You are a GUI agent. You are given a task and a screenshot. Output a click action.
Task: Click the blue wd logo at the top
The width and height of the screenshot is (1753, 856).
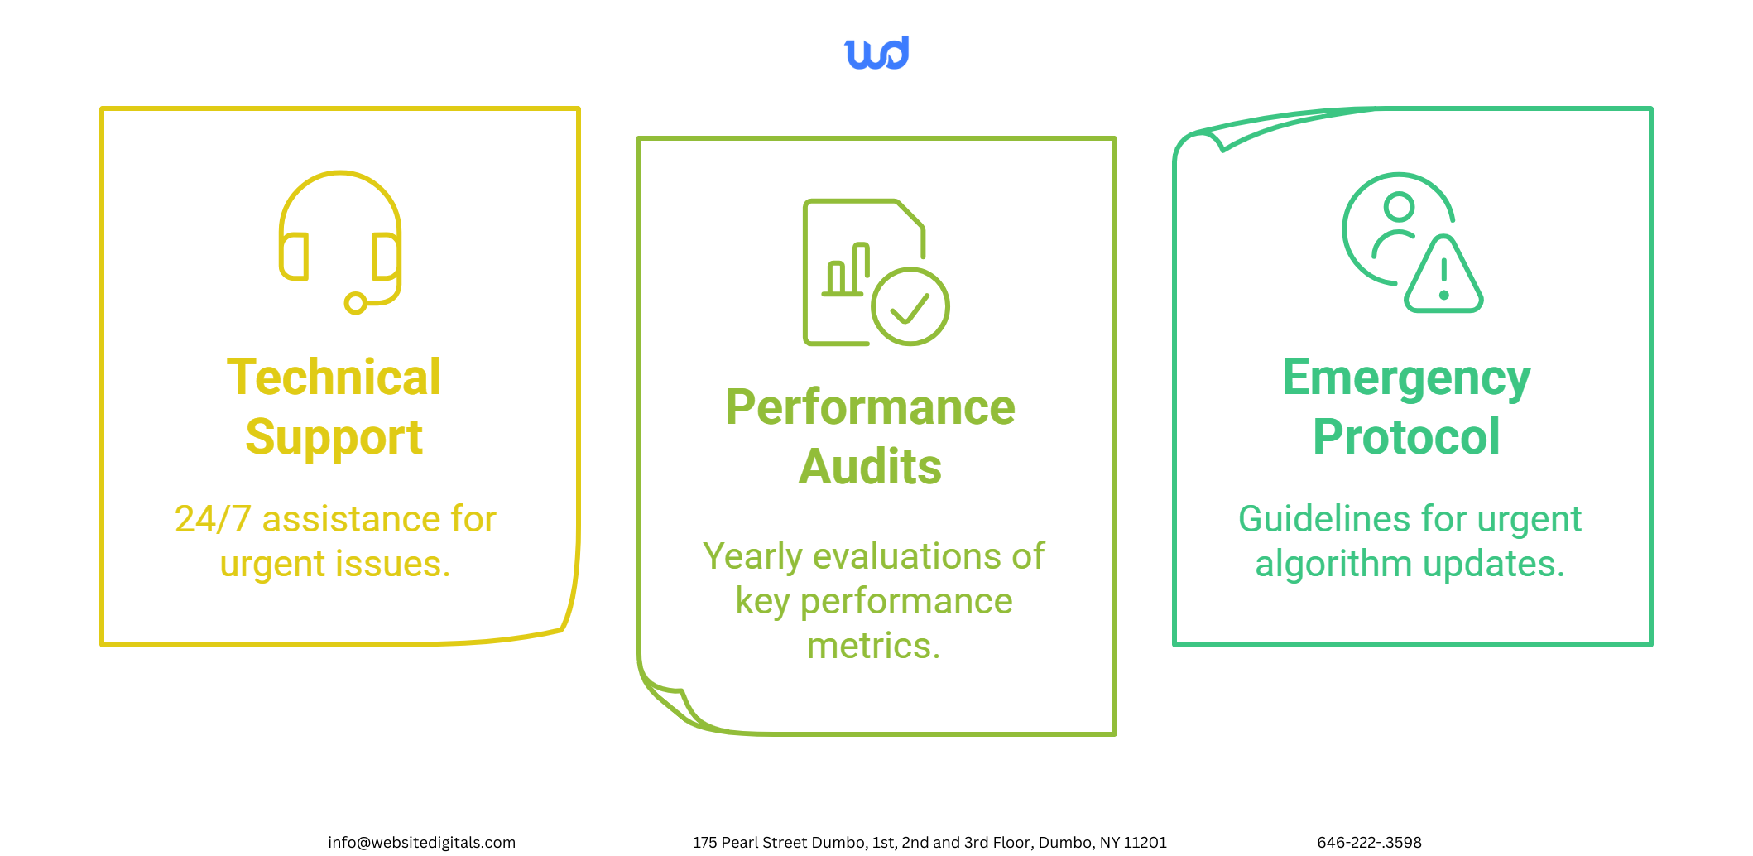(876, 52)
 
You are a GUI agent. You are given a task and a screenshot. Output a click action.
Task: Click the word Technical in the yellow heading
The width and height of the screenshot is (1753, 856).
(334, 378)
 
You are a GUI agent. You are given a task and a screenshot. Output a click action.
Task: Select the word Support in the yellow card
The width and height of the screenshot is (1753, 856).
(334, 438)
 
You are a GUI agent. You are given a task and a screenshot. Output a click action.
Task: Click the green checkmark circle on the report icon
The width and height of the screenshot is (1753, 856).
(910, 306)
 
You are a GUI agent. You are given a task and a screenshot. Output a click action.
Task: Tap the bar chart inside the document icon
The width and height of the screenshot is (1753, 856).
(845, 269)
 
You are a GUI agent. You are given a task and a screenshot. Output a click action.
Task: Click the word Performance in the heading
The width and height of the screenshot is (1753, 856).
(870, 407)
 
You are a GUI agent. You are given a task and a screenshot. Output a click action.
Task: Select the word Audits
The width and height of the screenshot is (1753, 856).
(870, 467)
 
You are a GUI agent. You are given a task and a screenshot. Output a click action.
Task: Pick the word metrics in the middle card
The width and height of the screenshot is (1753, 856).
(873, 646)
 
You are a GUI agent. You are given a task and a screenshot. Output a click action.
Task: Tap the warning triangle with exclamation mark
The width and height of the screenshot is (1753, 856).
(1443, 274)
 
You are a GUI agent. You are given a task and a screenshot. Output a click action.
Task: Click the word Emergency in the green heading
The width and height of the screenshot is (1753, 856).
(1406, 379)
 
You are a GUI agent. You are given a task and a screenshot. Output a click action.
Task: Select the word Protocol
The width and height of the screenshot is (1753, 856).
(1406, 437)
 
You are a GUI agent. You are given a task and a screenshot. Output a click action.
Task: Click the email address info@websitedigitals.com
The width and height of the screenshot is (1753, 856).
(421, 842)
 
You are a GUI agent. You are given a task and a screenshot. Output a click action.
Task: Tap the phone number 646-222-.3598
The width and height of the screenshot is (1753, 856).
(1369, 842)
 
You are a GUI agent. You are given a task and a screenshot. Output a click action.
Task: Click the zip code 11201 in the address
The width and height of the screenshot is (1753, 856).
(1145, 842)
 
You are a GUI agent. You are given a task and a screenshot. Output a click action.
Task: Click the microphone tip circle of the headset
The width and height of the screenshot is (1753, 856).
(356, 304)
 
